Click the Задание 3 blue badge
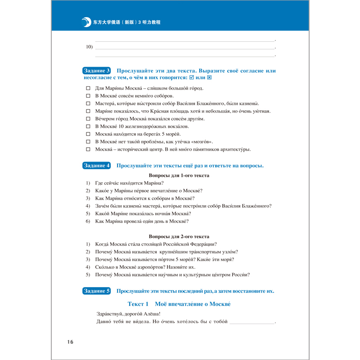[97, 71]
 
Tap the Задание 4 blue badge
[97, 166]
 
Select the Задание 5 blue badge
[97, 291]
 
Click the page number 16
[67, 342]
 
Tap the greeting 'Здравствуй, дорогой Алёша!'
[128, 314]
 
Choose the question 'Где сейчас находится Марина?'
[129, 183]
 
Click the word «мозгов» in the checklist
[201, 142]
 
